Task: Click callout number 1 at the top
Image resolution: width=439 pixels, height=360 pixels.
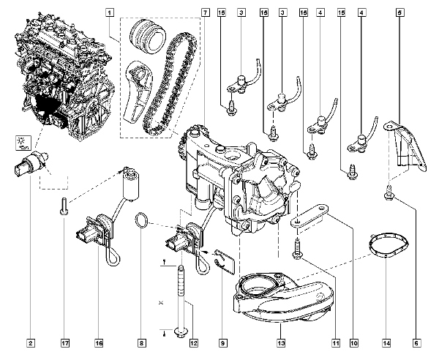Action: pyautogui.click(x=110, y=12)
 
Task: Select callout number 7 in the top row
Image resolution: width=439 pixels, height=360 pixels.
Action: pyautogui.click(x=204, y=12)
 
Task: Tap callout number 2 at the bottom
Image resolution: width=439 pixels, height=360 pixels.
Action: pyautogui.click(x=31, y=342)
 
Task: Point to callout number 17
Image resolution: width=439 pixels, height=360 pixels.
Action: pyautogui.click(x=65, y=342)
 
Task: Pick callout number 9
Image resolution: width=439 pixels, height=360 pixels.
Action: pyautogui.click(x=223, y=342)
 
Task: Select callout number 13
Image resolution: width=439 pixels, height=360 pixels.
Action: pyautogui.click(x=280, y=342)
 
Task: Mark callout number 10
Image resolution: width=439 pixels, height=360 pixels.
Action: pyautogui.click(x=353, y=342)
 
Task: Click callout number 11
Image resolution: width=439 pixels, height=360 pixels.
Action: pyautogui.click(x=336, y=342)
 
